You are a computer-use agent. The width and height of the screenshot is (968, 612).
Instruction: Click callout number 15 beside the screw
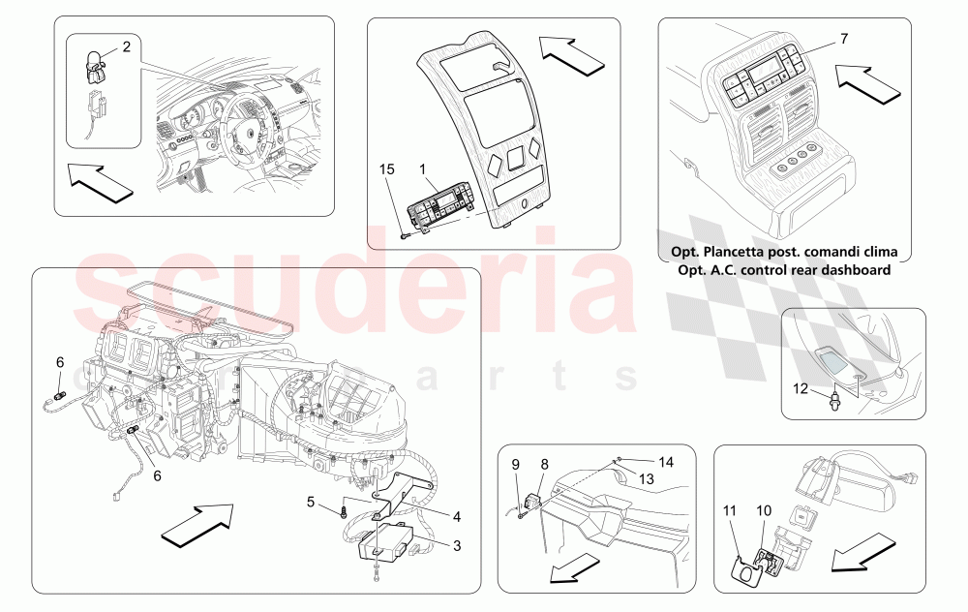[x=387, y=170]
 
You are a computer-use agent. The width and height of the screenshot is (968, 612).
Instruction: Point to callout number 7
[x=843, y=38]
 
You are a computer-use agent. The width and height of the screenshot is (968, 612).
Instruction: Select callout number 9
[x=516, y=464]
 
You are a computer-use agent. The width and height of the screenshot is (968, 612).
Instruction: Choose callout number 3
[x=458, y=546]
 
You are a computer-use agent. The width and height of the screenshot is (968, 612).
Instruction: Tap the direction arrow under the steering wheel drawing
[x=101, y=183]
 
